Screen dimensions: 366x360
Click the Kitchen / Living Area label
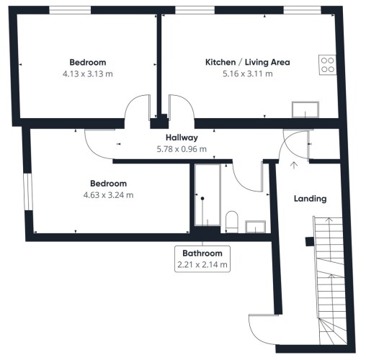coord(248,62)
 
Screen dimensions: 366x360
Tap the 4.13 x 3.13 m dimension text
coord(88,73)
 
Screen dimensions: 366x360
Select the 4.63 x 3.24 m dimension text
coord(108,195)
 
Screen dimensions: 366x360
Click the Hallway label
coord(182,138)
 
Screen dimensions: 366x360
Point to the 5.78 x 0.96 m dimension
coord(182,149)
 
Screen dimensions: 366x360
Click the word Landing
coord(311,199)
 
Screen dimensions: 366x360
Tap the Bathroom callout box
coord(202,259)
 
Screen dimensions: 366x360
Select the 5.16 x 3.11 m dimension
coord(248,73)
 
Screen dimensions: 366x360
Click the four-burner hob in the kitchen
coord(328,65)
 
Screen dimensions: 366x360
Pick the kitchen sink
coord(305,109)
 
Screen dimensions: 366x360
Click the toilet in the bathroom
coord(232,222)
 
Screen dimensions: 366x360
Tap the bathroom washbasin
coord(255,227)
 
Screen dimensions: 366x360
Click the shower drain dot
coord(202,199)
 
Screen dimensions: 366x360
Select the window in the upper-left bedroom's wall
coord(70,10)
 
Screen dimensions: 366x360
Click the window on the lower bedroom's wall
coord(27,192)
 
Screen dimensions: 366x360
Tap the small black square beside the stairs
coord(310,242)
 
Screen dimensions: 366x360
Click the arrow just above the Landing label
coord(294,166)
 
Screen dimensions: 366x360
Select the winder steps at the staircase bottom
coord(333,331)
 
